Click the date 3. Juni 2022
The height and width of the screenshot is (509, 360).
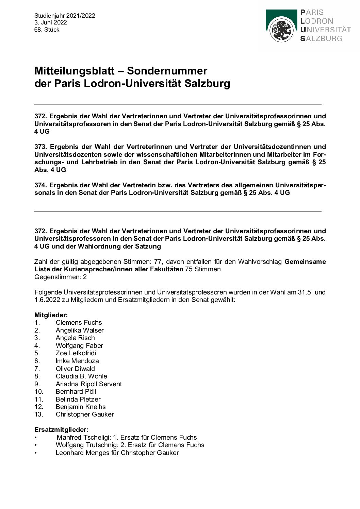pyautogui.click(x=51, y=22)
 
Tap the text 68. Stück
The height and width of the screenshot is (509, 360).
pyautogui.click(x=47, y=30)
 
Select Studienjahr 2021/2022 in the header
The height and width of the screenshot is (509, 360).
pyautogui.click(x=65, y=15)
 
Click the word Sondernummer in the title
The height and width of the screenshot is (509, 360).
pyautogui.click(x=167, y=71)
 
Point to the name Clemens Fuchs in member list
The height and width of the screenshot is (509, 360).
pyautogui.click(x=79, y=322)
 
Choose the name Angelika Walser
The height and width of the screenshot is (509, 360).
pyautogui.click(x=80, y=330)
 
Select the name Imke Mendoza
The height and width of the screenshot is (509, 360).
pyautogui.click(x=77, y=361)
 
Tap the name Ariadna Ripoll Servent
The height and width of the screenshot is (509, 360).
pyautogui.click(x=88, y=384)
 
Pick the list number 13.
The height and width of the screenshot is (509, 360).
pyautogui.click(x=39, y=414)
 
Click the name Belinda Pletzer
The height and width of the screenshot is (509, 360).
pyautogui.click(x=78, y=399)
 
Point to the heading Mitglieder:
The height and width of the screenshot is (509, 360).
pyautogui.click(x=51, y=315)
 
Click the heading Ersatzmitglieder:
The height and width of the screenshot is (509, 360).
pyautogui.click(x=61, y=429)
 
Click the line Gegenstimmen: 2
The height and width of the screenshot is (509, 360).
pyautogui.click(x=61, y=277)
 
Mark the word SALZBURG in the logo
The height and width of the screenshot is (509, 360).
pyautogui.click(x=321, y=38)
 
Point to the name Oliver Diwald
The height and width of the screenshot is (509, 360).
pyautogui.click(x=75, y=369)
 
